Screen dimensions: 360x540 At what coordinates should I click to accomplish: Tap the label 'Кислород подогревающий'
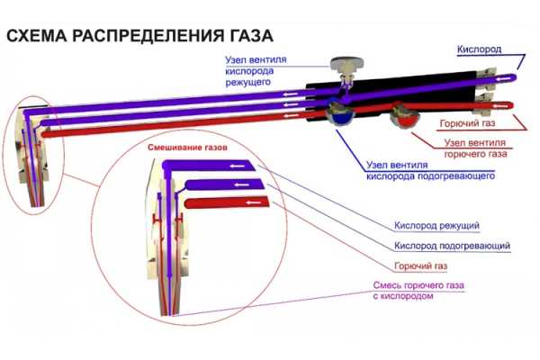[440, 246]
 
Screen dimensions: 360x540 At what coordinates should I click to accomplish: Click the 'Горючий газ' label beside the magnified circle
[417, 267]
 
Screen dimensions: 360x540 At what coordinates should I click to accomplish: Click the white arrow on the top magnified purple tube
[238, 166]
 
